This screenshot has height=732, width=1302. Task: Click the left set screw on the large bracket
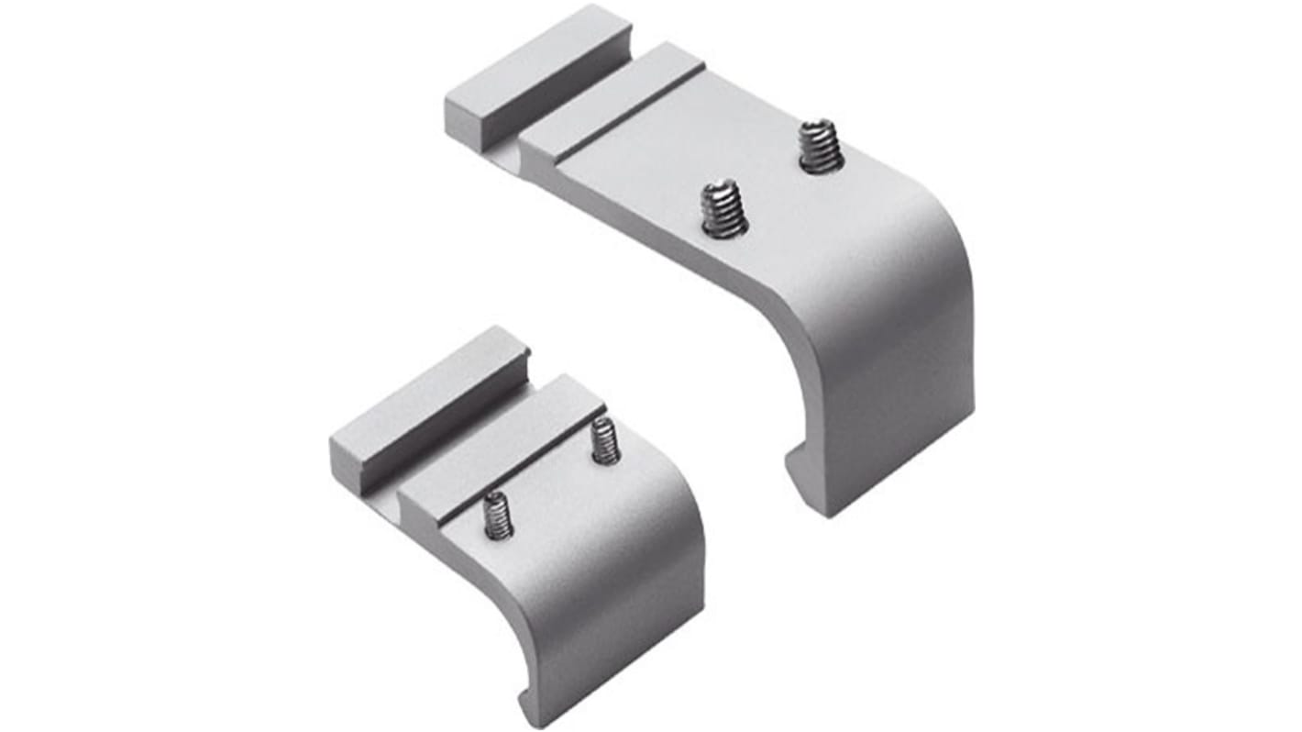click(x=724, y=209)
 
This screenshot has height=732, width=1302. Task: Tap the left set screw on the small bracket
click(x=497, y=515)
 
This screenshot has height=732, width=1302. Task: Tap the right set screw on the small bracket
click(x=604, y=440)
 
